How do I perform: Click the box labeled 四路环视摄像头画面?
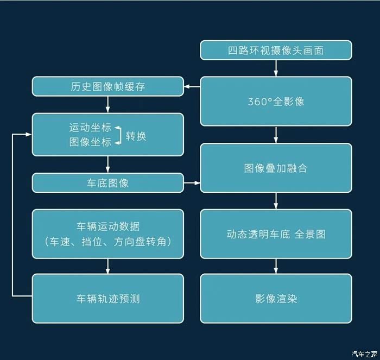click(x=276, y=50)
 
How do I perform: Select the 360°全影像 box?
click(x=276, y=102)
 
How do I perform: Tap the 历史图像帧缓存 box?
click(x=108, y=86)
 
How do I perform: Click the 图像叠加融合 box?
click(x=276, y=168)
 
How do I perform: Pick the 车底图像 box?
click(x=108, y=183)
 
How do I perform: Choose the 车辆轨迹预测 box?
click(x=108, y=299)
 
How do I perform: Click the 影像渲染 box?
click(x=276, y=299)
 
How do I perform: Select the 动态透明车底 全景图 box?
click(x=276, y=234)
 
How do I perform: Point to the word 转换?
click(x=136, y=136)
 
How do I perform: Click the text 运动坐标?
click(x=90, y=128)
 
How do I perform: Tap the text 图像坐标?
click(x=90, y=142)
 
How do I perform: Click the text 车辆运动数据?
click(x=108, y=226)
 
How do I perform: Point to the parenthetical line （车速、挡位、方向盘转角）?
click(x=108, y=242)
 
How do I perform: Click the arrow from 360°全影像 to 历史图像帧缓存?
click(x=192, y=86)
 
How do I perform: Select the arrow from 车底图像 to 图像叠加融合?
click(x=192, y=183)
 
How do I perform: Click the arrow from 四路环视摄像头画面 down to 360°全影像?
click(x=276, y=68)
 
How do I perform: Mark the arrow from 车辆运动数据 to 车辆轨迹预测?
click(x=108, y=266)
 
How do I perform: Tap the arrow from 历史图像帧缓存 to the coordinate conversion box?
click(x=108, y=104)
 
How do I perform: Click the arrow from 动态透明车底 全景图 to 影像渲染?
click(x=276, y=266)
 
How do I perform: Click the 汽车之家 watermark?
click(x=364, y=354)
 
